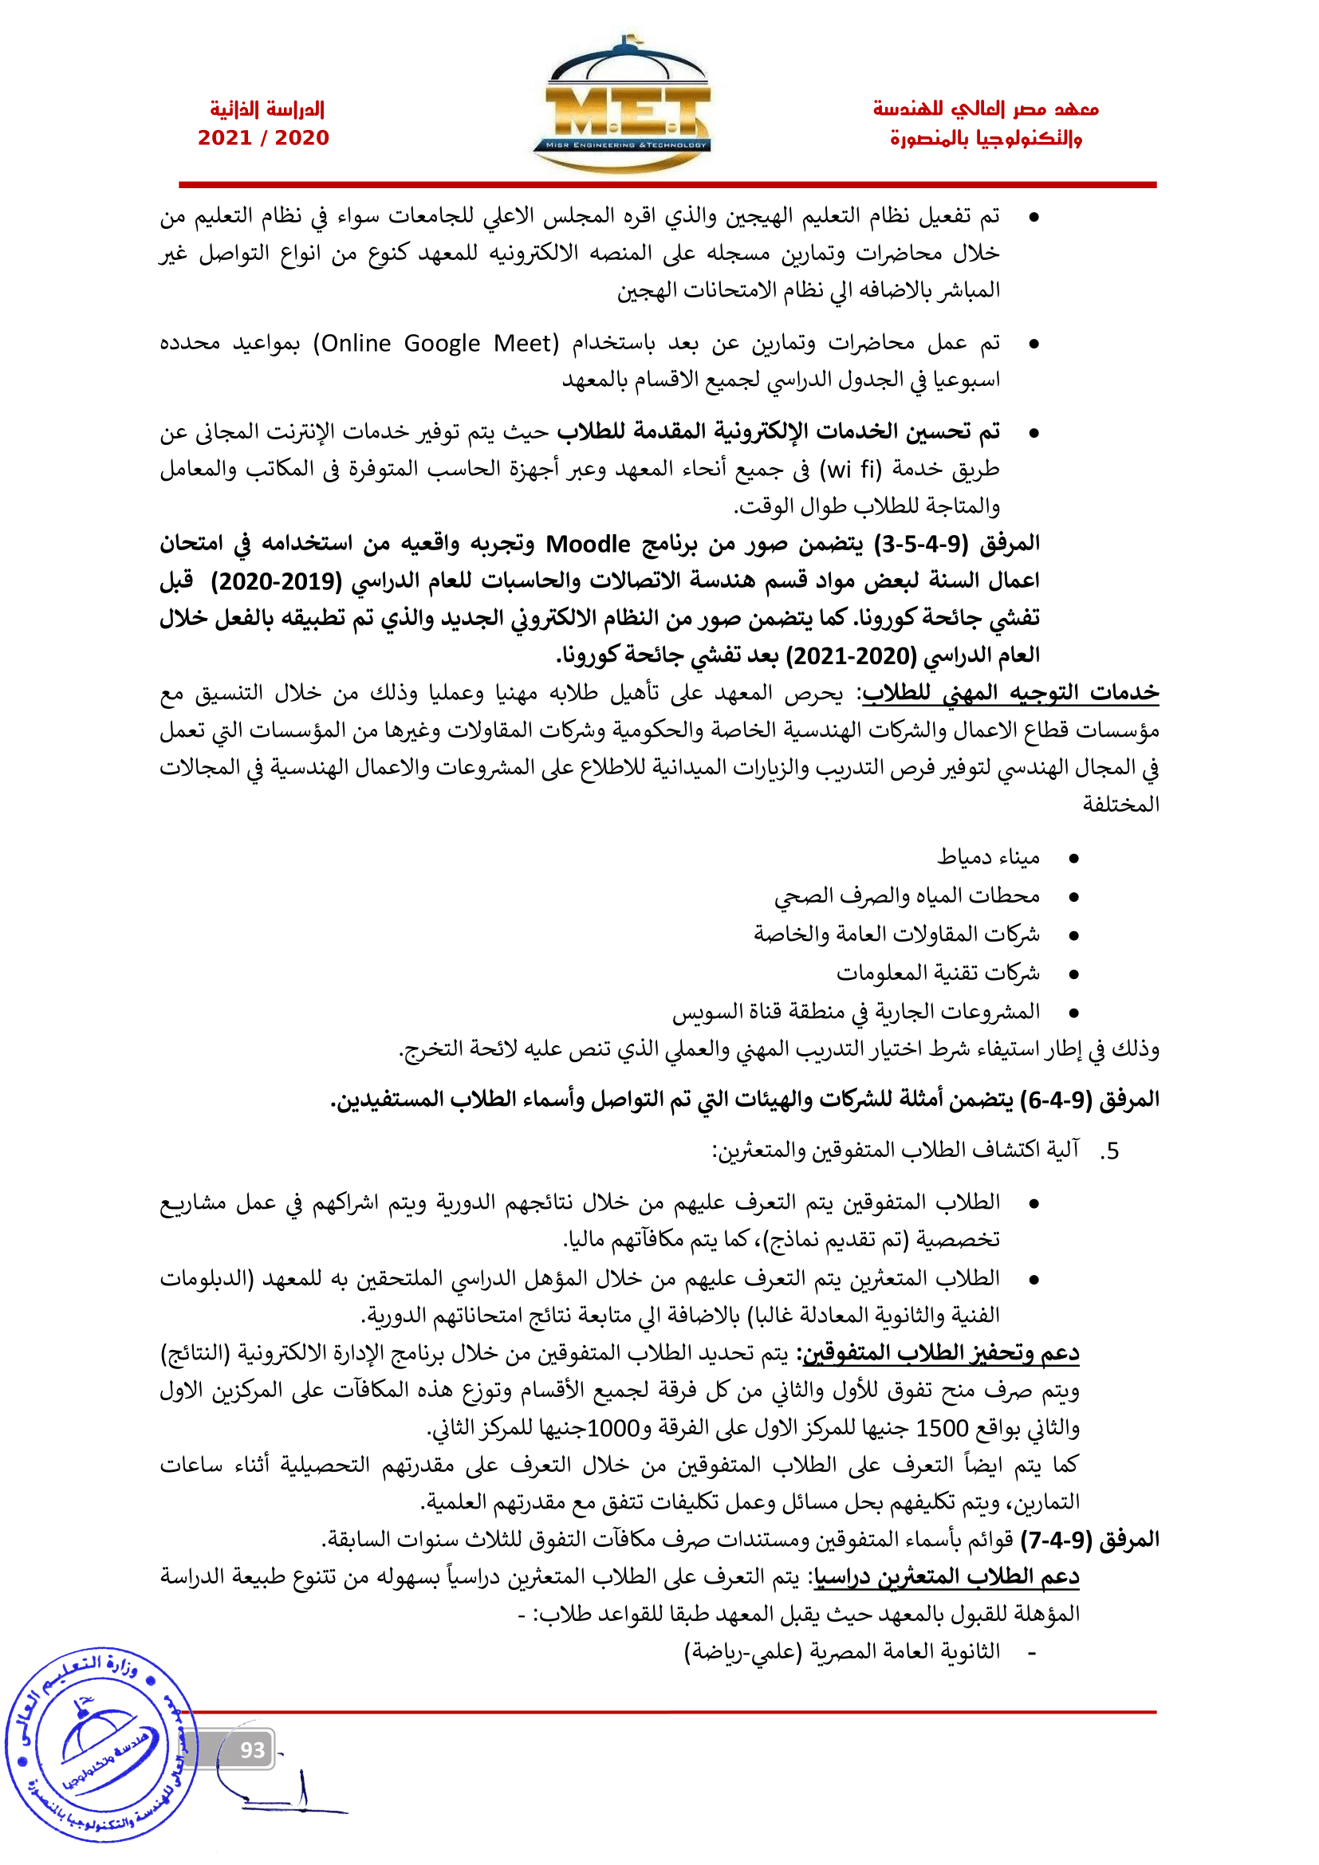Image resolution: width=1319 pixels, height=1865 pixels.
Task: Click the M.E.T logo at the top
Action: tap(621, 105)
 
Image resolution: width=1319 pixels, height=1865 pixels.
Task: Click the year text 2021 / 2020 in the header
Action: tap(263, 138)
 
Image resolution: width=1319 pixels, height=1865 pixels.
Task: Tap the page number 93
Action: tap(253, 1749)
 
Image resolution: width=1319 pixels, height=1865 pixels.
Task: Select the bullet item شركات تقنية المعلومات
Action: tap(938, 972)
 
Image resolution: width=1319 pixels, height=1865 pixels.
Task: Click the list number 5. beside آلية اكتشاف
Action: tap(1110, 1151)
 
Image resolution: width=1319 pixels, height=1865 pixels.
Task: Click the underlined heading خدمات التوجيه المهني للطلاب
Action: tap(1010, 693)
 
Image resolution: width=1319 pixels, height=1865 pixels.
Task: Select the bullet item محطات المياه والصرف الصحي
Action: tap(907, 896)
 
